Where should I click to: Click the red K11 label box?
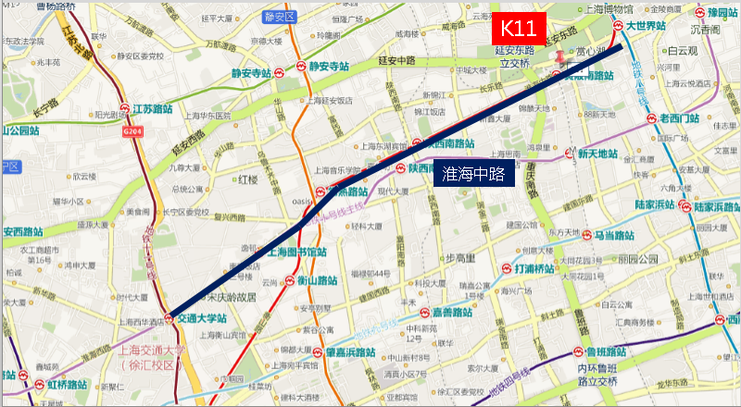[518, 29]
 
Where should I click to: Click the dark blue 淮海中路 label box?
[472, 173]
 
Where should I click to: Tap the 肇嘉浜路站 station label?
[357, 352]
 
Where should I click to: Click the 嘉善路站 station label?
[453, 314]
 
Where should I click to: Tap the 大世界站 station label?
[645, 26]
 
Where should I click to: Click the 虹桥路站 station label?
[63, 383]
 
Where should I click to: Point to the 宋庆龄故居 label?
[231, 297]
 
